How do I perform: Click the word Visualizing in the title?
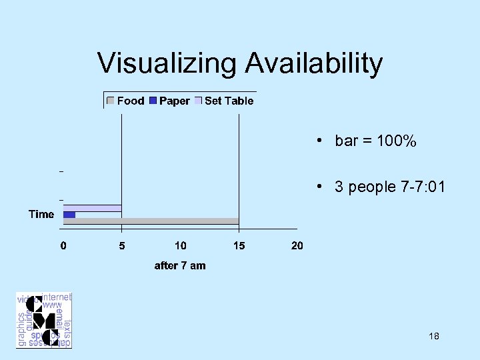[x=167, y=63]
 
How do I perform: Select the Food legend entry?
[x=131, y=101]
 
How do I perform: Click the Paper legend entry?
[x=175, y=101]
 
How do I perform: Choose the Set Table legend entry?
[x=229, y=101]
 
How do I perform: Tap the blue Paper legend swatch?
[x=153, y=101]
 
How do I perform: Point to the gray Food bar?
[x=151, y=221]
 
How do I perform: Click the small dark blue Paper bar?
[x=69, y=215]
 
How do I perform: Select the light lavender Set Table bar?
[x=92, y=208]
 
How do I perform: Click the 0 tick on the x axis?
[x=63, y=245]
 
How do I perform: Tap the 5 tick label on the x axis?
[x=121, y=245]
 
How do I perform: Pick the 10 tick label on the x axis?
[x=180, y=245]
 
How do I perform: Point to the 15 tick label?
[x=239, y=245]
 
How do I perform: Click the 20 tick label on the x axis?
[x=297, y=245]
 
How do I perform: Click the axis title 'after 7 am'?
[x=180, y=265]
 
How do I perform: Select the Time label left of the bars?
[x=41, y=214]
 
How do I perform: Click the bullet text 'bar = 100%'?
[x=375, y=141]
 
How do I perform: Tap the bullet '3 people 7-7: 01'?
[x=389, y=187]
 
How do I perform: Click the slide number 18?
[x=434, y=336]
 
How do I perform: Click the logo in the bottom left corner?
[x=44, y=320]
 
